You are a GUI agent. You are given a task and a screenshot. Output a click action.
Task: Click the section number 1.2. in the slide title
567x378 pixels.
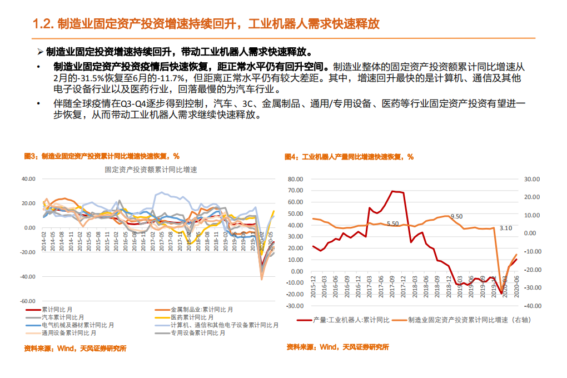43,24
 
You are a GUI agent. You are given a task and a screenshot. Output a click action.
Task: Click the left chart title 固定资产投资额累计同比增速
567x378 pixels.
151,170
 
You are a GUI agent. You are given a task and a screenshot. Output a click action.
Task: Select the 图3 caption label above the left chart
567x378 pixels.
31,156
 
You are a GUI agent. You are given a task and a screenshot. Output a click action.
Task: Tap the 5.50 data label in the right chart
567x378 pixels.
392,223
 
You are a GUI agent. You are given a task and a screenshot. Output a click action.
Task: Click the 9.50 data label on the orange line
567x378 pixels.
456,216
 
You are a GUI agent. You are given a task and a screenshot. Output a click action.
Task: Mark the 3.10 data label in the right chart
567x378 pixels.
506,227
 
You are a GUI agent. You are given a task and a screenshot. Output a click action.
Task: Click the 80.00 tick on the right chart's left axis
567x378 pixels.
295,180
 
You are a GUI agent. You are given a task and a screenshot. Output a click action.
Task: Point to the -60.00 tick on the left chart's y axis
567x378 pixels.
27,301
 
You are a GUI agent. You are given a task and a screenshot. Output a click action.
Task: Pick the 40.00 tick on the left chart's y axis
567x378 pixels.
28,179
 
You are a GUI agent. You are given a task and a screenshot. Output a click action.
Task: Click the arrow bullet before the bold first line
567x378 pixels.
40,52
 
